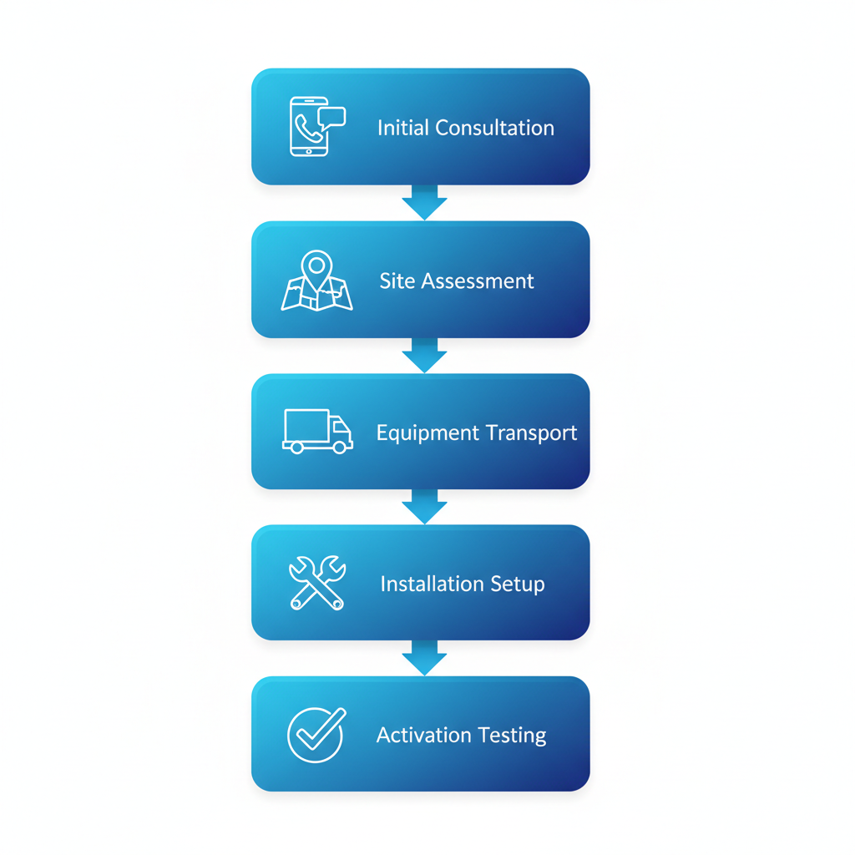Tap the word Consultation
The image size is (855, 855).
tap(493, 128)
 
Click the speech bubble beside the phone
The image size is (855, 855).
tap(332, 116)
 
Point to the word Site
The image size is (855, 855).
tap(397, 281)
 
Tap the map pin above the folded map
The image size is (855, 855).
tap(316, 266)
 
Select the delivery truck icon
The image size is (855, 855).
tap(317, 431)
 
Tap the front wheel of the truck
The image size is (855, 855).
tap(339, 448)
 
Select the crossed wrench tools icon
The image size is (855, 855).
tap(316, 582)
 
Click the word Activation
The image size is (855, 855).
tap(425, 735)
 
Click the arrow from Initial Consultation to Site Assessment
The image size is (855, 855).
tap(424, 203)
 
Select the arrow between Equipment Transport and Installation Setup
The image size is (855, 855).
tap(424, 507)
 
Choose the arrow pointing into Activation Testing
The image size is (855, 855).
tap(424, 659)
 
